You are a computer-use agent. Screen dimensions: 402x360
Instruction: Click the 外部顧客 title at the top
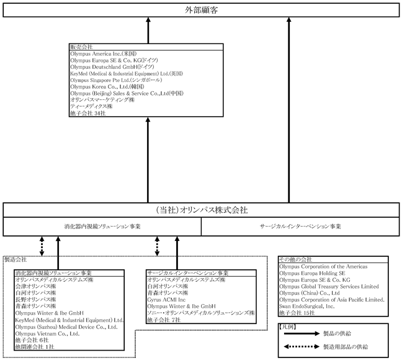coord(201,10)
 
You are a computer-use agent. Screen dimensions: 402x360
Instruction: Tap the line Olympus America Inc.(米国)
coord(104,53)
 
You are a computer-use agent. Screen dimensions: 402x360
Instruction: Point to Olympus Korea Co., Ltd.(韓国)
coord(107,87)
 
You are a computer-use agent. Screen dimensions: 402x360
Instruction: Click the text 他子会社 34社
coord(88,113)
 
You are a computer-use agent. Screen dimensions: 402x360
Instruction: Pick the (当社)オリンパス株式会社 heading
coord(202,210)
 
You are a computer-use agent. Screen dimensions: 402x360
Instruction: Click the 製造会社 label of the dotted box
coord(16,259)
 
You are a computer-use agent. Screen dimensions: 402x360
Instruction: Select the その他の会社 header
coord(295,259)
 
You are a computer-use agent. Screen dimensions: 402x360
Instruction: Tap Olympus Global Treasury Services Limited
coord(329,286)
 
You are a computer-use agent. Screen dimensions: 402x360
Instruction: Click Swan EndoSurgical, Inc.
coord(306,306)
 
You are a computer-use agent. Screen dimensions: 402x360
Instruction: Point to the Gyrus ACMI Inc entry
coord(166,300)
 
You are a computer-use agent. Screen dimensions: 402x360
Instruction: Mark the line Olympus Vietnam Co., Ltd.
coord(47,333)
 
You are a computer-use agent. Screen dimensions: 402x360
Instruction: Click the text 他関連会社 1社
coord(35,347)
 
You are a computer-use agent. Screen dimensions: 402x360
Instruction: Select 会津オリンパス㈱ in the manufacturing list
coord(35,286)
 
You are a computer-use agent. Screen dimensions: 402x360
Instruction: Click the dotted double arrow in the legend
coord(301,347)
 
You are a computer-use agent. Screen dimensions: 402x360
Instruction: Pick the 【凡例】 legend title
coord(287,327)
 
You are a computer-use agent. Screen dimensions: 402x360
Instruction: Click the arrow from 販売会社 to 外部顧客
coord(148,30)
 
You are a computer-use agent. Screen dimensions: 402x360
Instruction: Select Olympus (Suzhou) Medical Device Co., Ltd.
coord(66,327)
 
